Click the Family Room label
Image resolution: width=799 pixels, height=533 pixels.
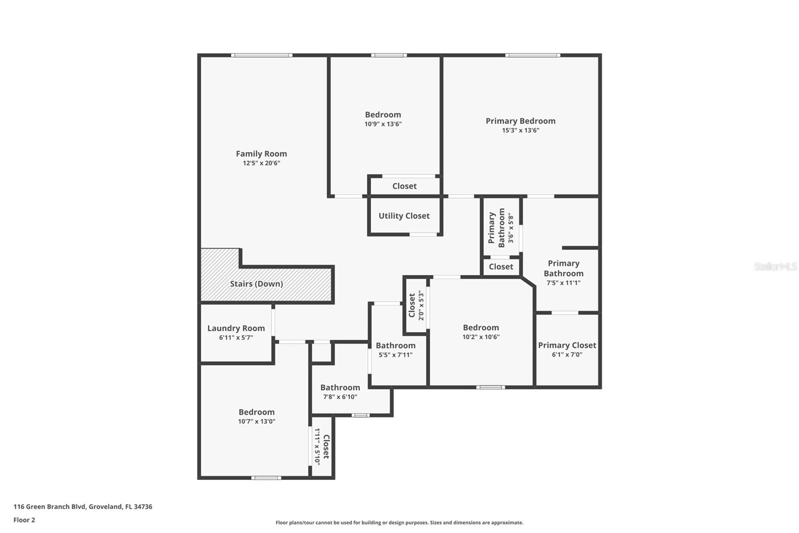pos(262,153)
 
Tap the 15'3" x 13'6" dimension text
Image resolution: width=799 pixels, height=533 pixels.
pos(520,130)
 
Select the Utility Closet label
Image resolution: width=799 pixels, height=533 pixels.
pos(404,216)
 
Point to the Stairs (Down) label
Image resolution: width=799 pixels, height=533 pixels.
pos(257,283)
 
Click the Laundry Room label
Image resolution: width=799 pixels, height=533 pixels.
pos(236,328)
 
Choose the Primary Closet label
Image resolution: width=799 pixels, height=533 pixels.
pos(567,345)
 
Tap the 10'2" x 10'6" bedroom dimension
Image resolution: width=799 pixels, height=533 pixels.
pos(481,337)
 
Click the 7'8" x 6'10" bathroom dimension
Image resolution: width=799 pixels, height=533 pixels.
pos(340,397)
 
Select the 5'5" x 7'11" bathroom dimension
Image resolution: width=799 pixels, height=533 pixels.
pos(396,355)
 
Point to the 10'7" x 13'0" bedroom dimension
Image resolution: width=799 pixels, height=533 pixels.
pos(257,421)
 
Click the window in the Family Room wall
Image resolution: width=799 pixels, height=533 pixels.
pos(262,55)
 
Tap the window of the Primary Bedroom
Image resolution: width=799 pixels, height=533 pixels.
pos(532,55)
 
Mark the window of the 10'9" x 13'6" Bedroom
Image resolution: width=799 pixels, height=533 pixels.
pos(389,55)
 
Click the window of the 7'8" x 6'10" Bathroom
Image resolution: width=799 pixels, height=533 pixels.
pos(360,415)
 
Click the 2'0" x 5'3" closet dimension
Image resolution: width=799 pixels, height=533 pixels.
pos(421,305)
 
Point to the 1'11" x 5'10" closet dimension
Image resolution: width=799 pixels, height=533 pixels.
pos(317,446)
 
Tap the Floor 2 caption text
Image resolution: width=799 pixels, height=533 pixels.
pos(24,520)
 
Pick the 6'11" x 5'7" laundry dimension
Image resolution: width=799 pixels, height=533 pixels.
pos(236,337)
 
